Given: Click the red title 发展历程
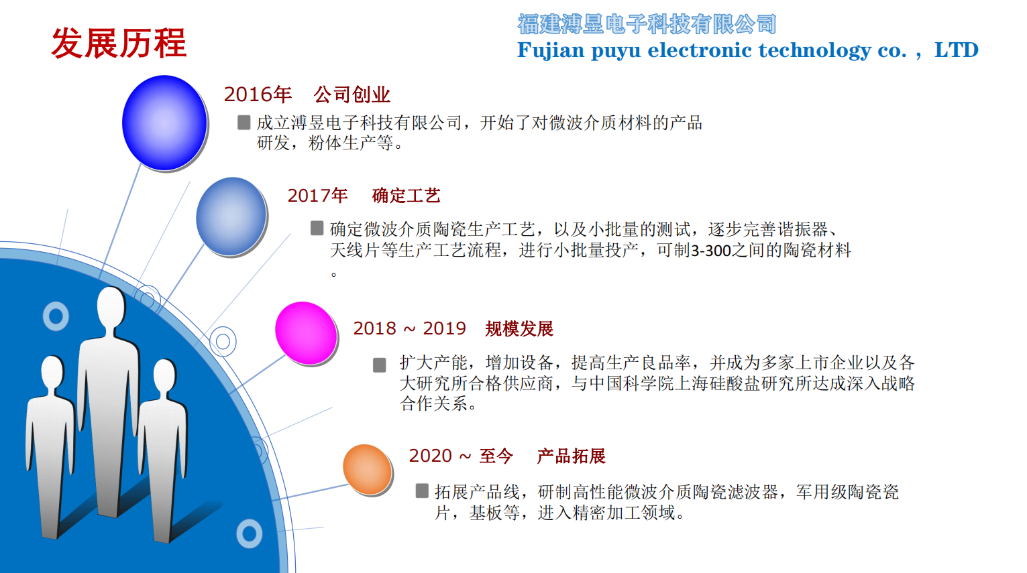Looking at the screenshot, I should pyautogui.click(x=119, y=44).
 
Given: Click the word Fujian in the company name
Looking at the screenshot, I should pyautogui.click(x=551, y=50).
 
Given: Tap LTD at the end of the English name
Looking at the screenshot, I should pyautogui.click(x=956, y=50).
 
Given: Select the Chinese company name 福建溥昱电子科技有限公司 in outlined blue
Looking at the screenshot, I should pyautogui.click(x=647, y=25).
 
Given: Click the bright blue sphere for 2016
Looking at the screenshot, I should pyautogui.click(x=164, y=123).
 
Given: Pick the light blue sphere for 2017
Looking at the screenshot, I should pyautogui.click(x=231, y=216).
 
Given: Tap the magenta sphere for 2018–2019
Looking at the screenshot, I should pyautogui.click(x=306, y=333).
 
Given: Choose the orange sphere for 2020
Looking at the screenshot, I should pyautogui.click(x=368, y=469).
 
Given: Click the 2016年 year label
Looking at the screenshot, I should pyautogui.click(x=258, y=94).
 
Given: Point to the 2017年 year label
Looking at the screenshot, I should pyautogui.click(x=317, y=196).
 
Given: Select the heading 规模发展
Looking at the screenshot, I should pyautogui.click(x=519, y=329).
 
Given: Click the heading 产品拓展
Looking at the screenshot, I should pyautogui.click(x=571, y=456).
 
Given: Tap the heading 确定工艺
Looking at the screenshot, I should pyautogui.click(x=406, y=196).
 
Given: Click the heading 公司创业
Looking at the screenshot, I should pyautogui.click(x=352, y=94).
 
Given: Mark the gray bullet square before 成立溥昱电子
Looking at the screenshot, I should pyautogui.click(x=244, y=122).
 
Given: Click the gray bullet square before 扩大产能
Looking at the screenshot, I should pyautogui.click(x=380, y=365).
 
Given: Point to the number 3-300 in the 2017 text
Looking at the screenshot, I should pyautogui.click(x=711, y=251).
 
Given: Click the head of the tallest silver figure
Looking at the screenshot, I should pyautogui.click(x=111, y=308).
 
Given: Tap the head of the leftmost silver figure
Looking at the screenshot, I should pyautogui.click(x=52, y=373).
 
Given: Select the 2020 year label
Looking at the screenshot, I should pyautogui.click(x=431, y=456).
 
